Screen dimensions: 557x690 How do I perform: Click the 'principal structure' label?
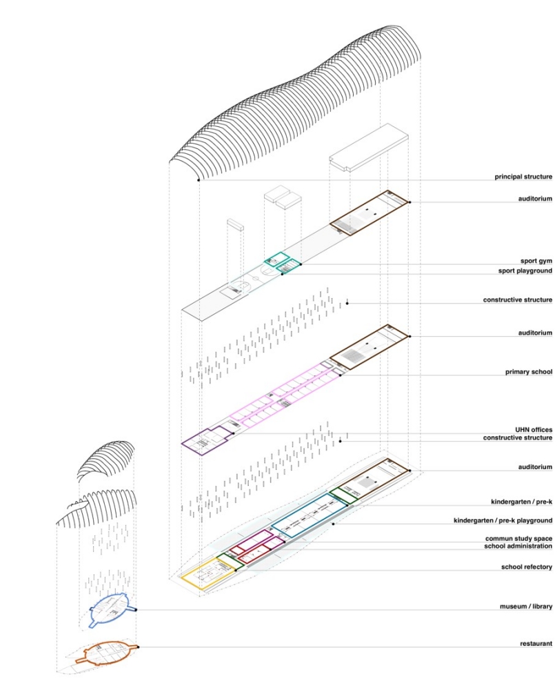[523, 177]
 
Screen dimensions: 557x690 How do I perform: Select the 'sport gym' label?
[536, 261]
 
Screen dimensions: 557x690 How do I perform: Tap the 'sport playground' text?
[525, 270]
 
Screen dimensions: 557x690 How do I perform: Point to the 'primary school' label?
[529, 372]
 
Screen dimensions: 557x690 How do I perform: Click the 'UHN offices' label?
[534, 429]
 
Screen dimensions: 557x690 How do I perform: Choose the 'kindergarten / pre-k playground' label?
[503, 520]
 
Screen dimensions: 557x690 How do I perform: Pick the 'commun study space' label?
[519, 539]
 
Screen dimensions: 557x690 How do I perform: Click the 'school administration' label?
[518, 546]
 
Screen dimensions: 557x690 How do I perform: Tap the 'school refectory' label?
[527, 566]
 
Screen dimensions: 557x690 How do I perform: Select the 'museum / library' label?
[526, 607]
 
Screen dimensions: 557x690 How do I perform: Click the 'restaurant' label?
[536, 643]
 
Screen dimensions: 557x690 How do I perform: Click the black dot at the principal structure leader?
[199, 180]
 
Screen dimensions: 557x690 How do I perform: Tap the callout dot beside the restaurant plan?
[138, 647]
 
